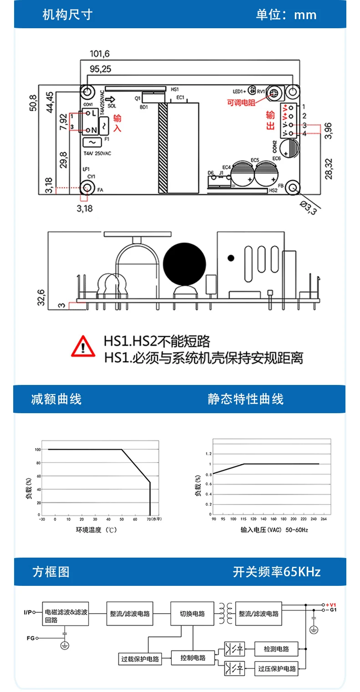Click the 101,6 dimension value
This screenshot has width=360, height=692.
click(x=100, y=54)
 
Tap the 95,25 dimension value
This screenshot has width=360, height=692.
click(x=100, y=69)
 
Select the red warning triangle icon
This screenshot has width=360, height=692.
click(x=82, y=346)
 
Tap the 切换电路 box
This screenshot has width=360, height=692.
click(x=193, y=613)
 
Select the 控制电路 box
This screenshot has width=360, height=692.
click(x=193, y=658)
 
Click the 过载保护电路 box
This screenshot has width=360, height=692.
click(x=140, y=658)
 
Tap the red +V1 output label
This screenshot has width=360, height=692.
click(x=331, y=605)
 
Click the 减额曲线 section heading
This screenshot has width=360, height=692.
click(x=56, y=399)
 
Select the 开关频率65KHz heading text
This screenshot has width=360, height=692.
click(x=277, y=572)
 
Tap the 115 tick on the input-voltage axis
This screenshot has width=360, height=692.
click(x=244, y=518)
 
